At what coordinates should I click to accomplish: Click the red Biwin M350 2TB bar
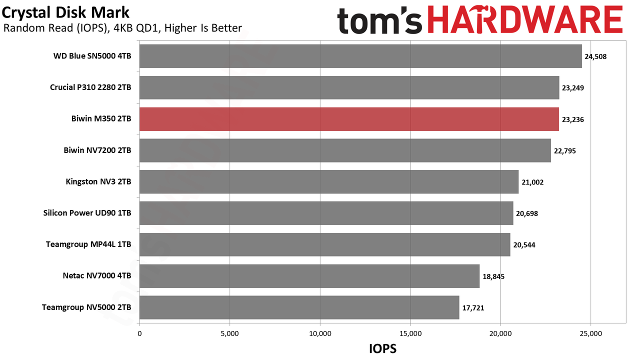tap(349, 119)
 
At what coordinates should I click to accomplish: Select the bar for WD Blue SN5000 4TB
tap(360, 56)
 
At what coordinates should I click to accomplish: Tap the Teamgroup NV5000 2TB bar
tap(299, 307)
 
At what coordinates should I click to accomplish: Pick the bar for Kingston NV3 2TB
tap(329, 181)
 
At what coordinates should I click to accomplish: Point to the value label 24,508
tap(595, 56)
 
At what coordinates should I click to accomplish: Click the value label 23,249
tap(573, 88)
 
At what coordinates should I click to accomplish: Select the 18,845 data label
tap(493, 276)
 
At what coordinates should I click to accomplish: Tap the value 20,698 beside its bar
tap(527, 213)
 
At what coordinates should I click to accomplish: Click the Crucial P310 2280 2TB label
tap(90, 87)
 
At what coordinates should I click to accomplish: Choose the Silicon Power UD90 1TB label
tap(87, 213)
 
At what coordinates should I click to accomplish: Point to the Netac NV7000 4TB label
tap(97, 275)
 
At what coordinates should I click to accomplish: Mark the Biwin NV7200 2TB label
tap(97, 150)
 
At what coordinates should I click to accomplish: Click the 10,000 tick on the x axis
tap(320, 333)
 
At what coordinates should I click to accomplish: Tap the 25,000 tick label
tap(590, 333)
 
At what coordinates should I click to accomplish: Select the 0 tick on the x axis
tap(139, 333)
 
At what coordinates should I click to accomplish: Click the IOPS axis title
tap(383, 349)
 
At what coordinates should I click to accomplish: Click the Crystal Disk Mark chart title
tap(65, 13)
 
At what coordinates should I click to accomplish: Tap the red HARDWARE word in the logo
tap(525, 19)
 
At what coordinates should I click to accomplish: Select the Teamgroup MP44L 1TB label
tap(88, 244)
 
